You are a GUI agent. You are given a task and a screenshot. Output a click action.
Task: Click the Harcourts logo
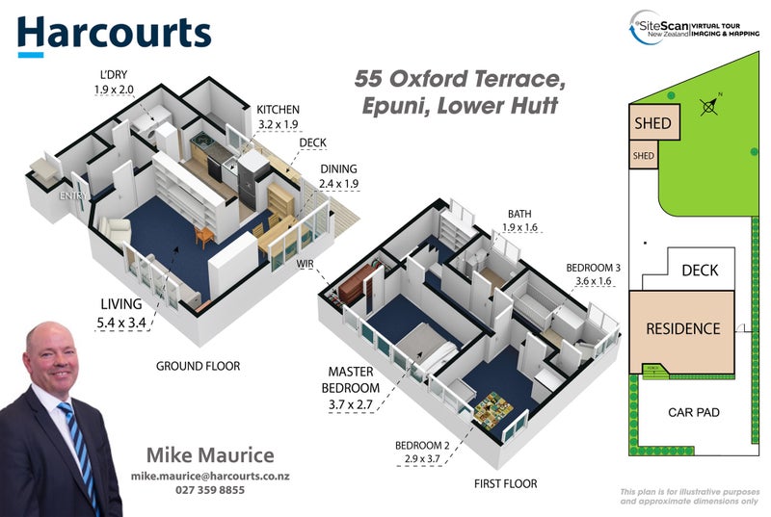point(114,33)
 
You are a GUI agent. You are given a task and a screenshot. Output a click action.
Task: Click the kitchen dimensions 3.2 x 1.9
point(278,124)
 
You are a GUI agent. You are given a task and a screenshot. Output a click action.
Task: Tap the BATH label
point(519,215)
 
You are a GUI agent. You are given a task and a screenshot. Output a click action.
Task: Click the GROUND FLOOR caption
point(198,366)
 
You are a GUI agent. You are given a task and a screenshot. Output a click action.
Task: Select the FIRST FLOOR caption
point(505,483)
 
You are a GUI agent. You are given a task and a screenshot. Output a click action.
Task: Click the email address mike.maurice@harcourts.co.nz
point(210,477)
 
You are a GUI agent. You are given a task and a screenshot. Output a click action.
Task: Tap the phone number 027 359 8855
point(210,490)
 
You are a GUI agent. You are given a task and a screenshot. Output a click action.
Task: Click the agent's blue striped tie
point(79,452)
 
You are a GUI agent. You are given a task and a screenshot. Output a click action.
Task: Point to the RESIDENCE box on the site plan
point(682,329)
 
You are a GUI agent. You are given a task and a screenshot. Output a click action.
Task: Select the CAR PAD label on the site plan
point(693,412)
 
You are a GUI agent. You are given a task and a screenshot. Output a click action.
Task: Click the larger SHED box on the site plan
point(651,124)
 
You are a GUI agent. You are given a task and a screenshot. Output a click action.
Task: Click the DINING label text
point(339,168)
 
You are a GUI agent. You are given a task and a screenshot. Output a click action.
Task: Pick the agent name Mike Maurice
point(210,455)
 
